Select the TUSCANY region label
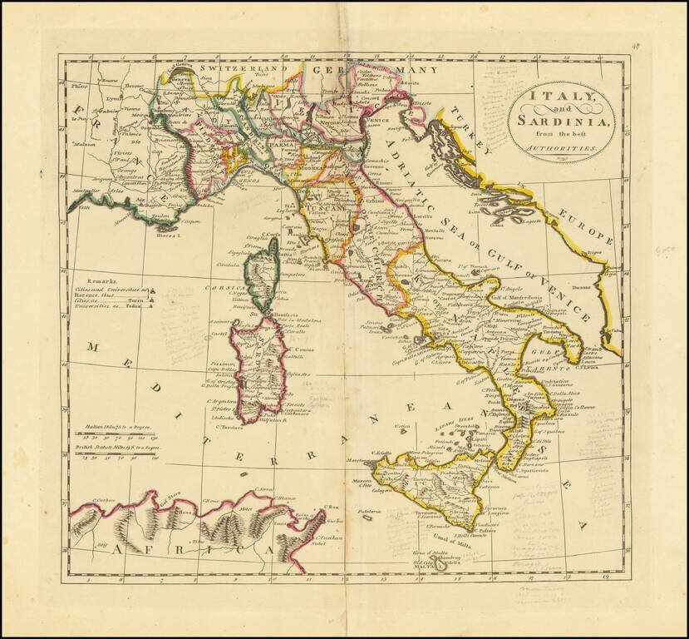tap(321, 198)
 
